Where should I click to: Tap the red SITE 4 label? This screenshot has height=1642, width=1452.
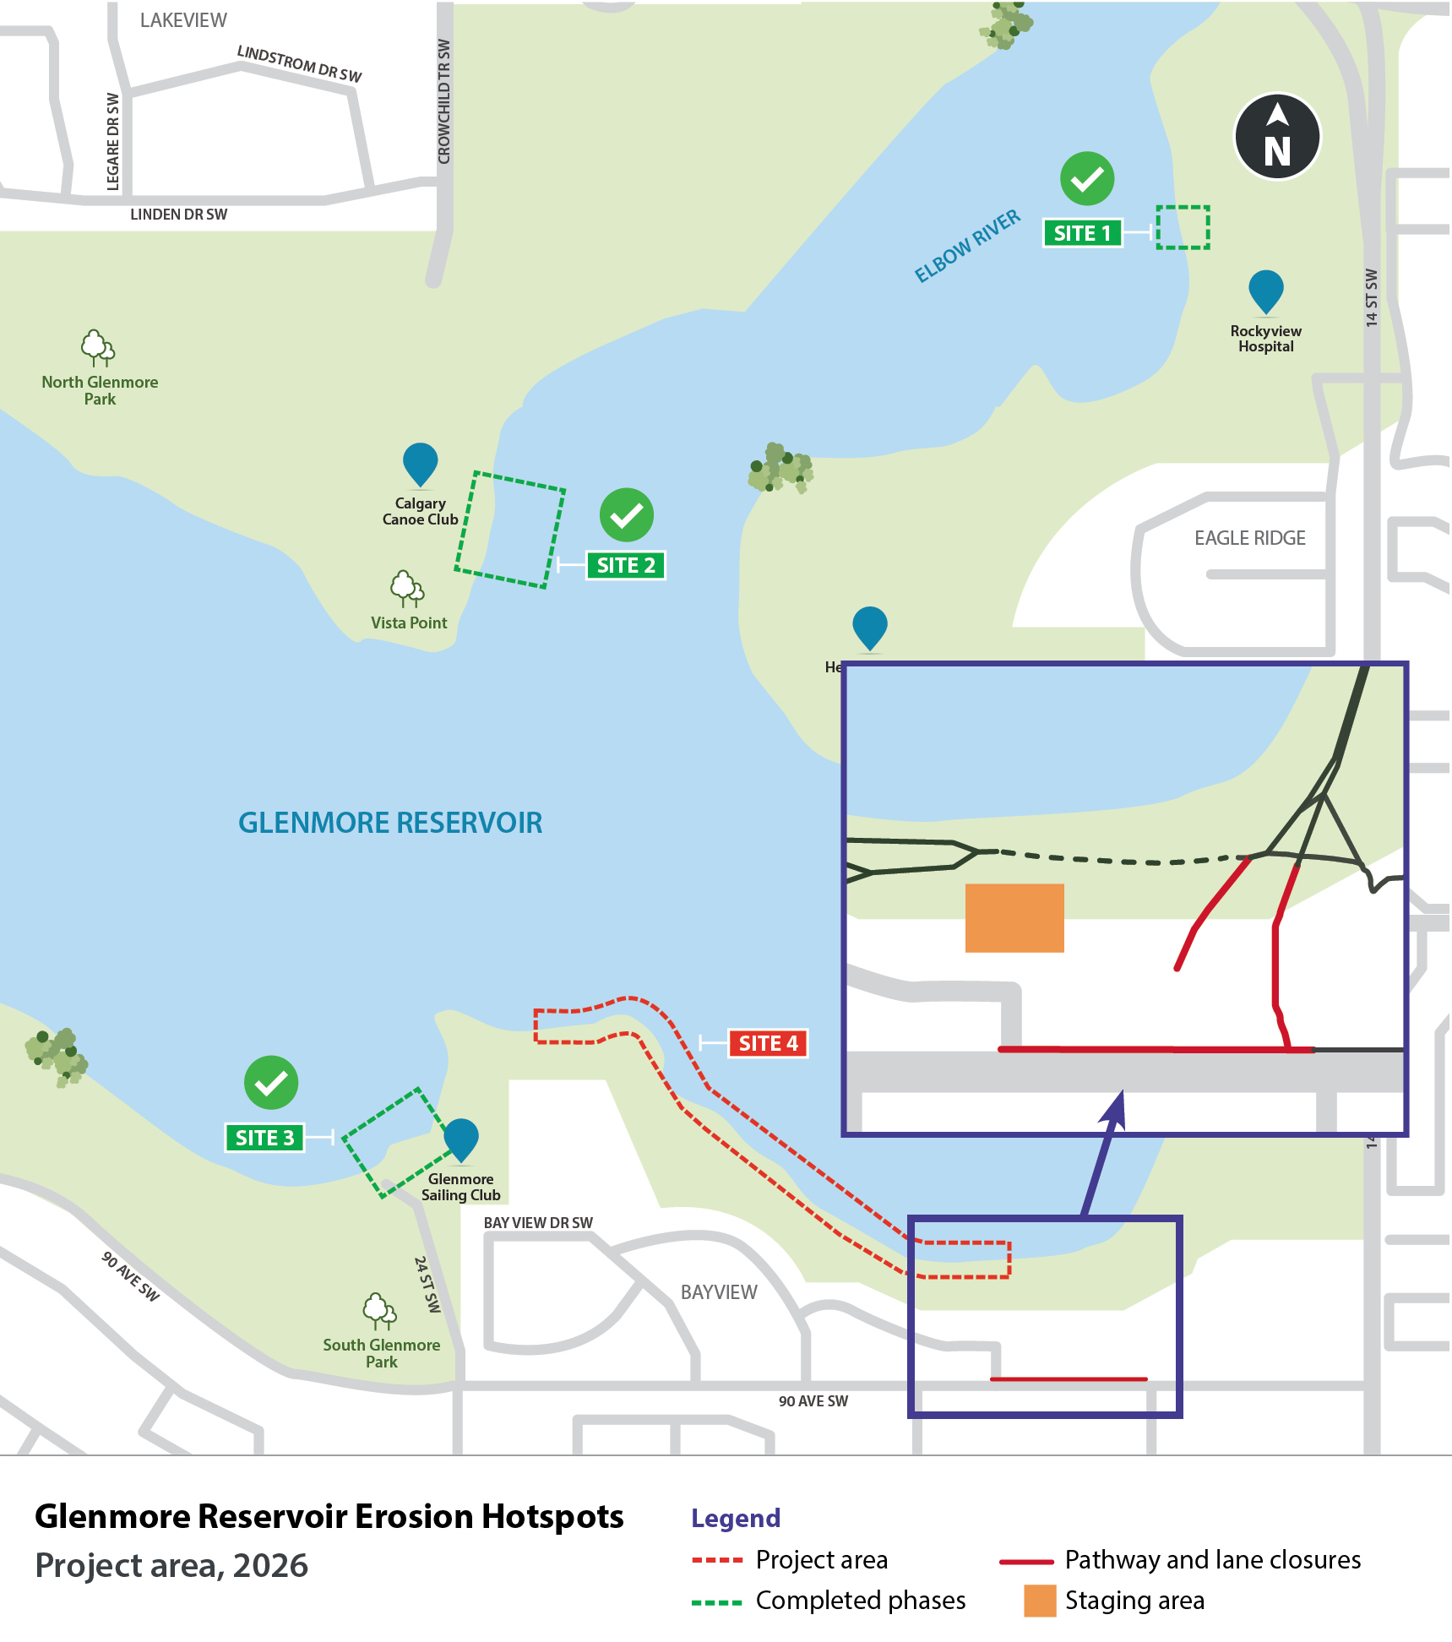coord(767,1043)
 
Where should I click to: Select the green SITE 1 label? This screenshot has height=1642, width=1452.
coord(1082,233)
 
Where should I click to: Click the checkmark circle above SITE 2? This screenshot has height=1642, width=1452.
coord(626,515)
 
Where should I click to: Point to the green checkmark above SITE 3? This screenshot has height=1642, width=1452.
coord(270,1083)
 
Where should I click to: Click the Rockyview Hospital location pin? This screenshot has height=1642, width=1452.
coord(1265,291)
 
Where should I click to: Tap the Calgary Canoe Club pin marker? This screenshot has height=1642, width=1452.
coord(420,464)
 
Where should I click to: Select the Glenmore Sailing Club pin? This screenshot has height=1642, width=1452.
coord(460,1139)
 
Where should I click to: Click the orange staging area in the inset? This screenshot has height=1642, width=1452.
coord(1014,918)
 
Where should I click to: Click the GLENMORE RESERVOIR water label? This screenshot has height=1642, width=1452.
coord(389,823)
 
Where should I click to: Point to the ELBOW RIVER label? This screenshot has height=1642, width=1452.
coord(967,246)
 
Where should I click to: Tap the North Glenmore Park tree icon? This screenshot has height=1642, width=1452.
coord(98,347)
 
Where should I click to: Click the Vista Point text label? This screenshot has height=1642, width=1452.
coord(409,623)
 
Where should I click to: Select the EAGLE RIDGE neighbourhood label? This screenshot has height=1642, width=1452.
coord(1249,538)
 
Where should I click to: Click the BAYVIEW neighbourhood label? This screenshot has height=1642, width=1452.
coord(719,1292)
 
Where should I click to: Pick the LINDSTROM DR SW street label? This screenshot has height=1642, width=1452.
coord(299,64)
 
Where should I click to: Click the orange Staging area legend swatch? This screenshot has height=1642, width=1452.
coord(1039,1601)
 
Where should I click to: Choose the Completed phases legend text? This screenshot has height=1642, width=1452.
coord(860,1601)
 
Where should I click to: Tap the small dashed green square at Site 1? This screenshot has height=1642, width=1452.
coord(1182,227)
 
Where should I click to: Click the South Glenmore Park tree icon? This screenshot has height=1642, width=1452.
coord(379,1310)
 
